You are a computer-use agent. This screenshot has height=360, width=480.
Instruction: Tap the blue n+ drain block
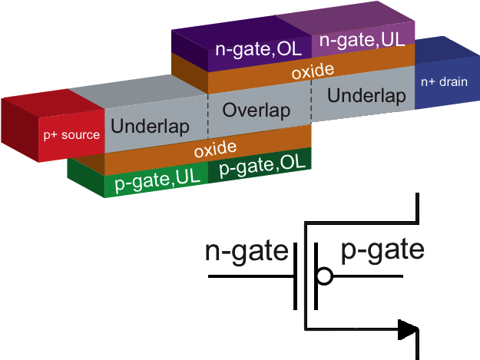(445, 77)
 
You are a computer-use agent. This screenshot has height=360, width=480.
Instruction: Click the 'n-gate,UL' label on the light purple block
(362, 39)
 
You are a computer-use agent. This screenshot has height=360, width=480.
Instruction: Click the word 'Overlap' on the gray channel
(257, 111)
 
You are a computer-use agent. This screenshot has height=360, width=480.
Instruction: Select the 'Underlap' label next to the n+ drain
(366, 96)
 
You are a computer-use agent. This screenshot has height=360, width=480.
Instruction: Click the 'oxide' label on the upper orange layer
(313, 72)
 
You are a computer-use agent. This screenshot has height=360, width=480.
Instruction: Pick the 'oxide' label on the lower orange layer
(214, 149)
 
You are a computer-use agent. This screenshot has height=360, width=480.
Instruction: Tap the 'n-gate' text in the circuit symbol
(247, 252)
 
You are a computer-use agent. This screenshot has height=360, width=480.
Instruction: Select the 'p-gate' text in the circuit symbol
(382, 251)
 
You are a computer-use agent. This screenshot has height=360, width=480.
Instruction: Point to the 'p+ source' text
(71, 136)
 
